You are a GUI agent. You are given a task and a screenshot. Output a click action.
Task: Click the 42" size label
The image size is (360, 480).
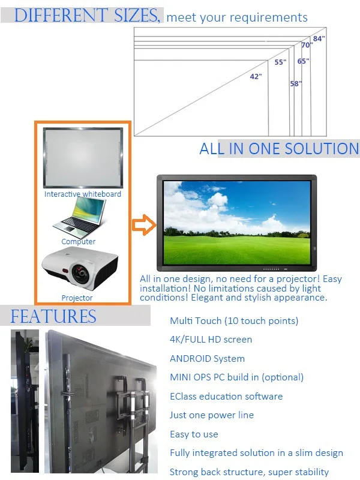tap(256, 76)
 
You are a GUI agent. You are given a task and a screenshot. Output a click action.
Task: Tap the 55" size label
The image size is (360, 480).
tap(280, 62)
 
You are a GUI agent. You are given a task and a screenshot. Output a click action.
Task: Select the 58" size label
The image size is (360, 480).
tap(295, 84)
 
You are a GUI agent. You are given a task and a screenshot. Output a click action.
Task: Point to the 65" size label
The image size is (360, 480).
tap(303, 61)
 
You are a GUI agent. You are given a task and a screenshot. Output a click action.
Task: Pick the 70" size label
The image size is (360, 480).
tap(307, 46)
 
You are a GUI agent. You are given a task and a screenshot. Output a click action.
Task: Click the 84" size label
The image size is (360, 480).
tap(319, 38)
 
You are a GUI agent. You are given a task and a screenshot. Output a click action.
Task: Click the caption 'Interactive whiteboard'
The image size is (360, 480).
tap(83, 194)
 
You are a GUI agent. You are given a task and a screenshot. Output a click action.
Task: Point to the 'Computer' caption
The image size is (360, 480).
tap(79, 242)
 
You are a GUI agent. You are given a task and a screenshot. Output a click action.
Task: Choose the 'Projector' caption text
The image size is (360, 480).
tap(77, 298)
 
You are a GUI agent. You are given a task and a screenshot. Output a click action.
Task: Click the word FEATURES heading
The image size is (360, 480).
tap(53, 316)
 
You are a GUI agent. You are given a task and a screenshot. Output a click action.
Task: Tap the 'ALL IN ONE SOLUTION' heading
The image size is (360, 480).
tap(279, 149)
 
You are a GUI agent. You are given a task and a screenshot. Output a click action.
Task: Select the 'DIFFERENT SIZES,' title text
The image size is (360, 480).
tap(87, 16)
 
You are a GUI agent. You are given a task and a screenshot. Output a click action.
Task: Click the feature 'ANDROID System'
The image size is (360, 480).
tap(207, 359)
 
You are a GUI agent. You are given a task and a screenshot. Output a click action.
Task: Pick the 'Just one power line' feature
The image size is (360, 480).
tap(212, 415)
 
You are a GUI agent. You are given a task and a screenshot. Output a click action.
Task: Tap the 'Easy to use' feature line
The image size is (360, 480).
tap(194, 434)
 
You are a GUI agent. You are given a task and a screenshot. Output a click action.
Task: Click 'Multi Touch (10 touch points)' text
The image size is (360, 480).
tap(234, 321)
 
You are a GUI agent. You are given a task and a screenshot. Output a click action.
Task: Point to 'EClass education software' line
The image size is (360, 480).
tap(226, 397)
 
